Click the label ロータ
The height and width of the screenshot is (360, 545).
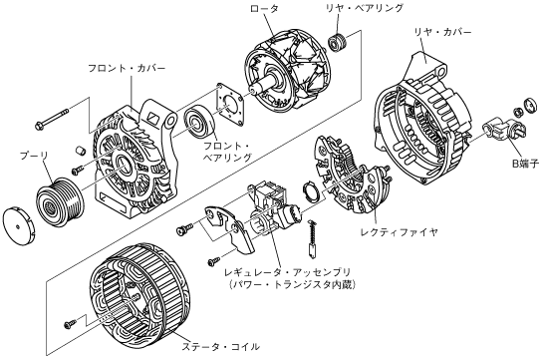[264, 9]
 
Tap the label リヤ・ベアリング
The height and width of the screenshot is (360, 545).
[365, 8]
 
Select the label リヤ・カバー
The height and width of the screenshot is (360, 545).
[442, 32]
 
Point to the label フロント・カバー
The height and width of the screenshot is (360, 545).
[127, 68]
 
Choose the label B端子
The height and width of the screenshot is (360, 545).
[526, 164]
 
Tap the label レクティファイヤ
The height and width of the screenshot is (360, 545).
[400, 231]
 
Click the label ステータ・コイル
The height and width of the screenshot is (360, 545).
[221, 346]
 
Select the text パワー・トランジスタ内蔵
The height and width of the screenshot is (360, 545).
[293, 284]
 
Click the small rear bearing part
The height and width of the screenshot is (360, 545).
[337, 43]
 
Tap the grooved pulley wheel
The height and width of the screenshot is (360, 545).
[60, 202]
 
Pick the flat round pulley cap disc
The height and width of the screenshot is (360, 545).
[18, 227]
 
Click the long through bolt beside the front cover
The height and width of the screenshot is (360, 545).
[52, 119]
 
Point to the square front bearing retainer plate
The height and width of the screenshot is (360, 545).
[229, 104]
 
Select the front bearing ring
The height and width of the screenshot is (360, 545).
[200, 123]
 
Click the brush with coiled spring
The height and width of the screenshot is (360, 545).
[312, 239]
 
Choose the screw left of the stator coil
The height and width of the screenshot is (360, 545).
[70, 324]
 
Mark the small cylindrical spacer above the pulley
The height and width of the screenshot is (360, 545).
[81, 151]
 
